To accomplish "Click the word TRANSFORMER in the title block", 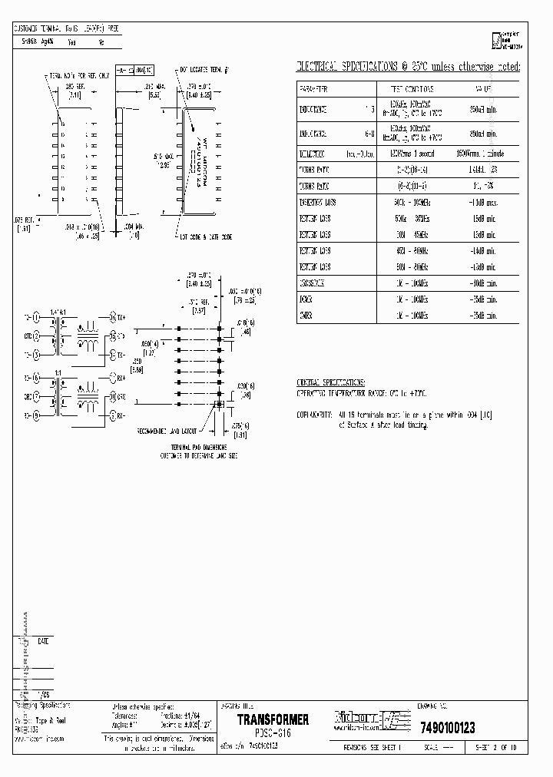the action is tap(273, 720).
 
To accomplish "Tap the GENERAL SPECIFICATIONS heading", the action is tap(331, 382).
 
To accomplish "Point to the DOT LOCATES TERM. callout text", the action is tap(204, 70).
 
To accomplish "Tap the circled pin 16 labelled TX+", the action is tap(111, 316).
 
